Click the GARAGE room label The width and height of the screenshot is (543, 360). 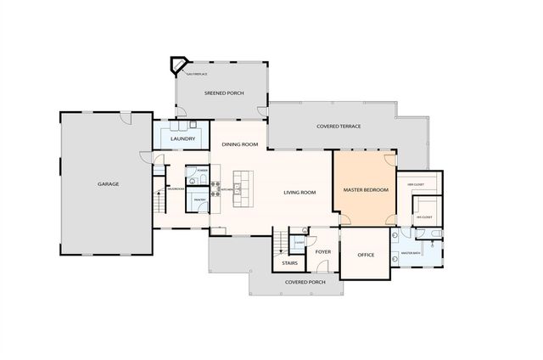tap(108, 184)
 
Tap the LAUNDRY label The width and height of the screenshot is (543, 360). tap(183, 138)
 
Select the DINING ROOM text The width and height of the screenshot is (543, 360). tap(239, 144)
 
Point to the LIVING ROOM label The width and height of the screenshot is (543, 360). tap(299, 193)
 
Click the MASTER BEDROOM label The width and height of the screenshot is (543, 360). tap(365, 190)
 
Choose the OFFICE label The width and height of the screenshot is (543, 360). tap(366, 255)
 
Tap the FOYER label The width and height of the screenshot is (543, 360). tap(323, 251)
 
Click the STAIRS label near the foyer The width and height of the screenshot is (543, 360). tap(289, 264)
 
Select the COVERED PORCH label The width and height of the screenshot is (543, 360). tap(305, 282)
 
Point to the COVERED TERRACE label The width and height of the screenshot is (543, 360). tap(339, 127)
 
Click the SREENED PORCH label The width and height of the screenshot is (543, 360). tap(224, 93)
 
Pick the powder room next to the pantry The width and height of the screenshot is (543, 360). tap(200, 172)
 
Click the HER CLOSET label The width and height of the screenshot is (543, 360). tap(416, 184)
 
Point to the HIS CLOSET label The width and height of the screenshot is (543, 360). tap(424, 217)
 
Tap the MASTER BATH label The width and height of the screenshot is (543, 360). tap(411, 253)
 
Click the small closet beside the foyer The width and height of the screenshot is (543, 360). tap(299, 241)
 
